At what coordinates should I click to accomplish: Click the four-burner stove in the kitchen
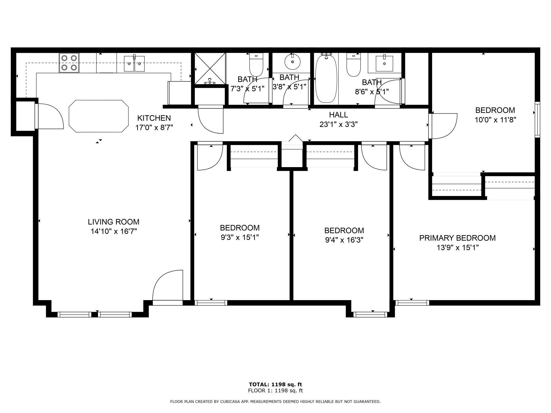69,63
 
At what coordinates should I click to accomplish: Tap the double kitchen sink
134,63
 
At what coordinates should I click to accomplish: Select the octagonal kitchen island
99,116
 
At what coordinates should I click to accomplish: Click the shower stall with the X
210,69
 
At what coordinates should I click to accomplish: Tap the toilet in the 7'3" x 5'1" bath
256,64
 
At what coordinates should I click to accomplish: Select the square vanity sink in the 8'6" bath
384,63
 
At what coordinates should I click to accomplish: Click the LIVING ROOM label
114,222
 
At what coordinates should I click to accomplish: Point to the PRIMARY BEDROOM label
457,238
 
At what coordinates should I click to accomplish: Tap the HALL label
339,115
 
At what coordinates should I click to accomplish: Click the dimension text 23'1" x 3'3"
339,124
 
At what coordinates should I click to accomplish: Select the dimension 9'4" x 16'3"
344,240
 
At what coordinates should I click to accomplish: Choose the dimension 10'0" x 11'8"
495,120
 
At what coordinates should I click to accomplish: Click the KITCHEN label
154,118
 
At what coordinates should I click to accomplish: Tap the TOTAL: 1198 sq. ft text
275,384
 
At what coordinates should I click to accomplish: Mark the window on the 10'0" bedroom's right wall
537,119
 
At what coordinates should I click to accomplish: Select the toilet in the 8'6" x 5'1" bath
353,65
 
